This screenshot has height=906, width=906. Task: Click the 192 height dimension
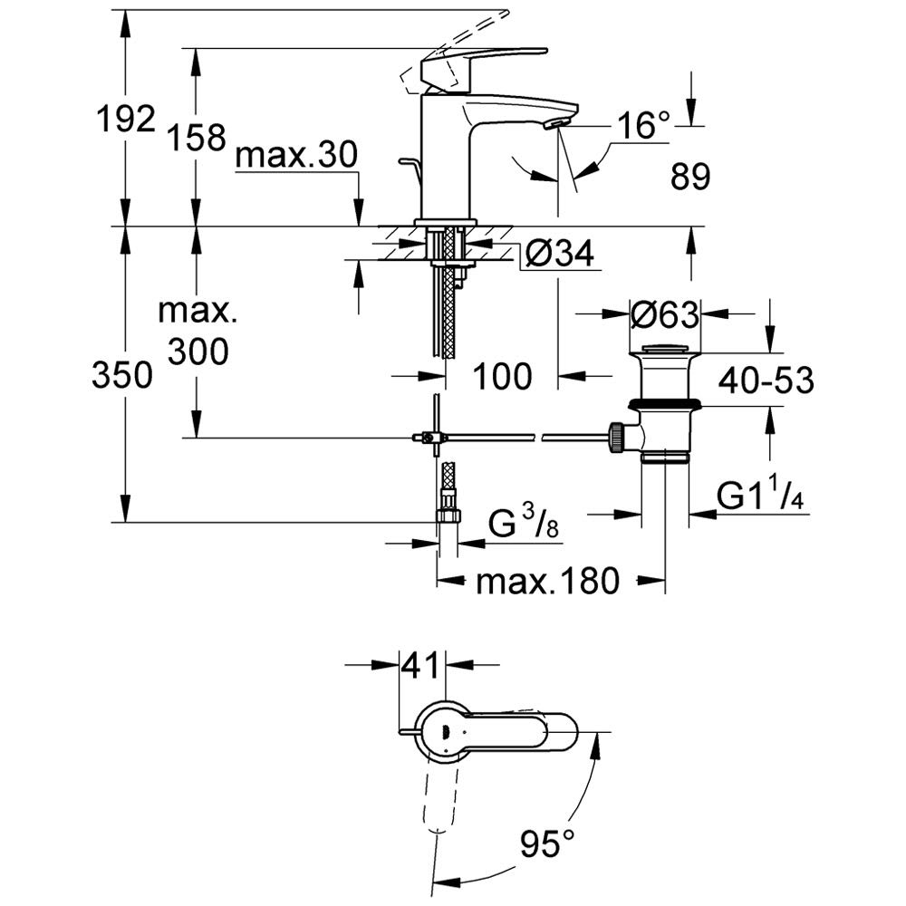(126, 119)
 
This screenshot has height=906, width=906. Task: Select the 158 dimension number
(197, 138)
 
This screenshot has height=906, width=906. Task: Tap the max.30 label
(296, 155)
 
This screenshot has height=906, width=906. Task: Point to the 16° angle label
(642, 124)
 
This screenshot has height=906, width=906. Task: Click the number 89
(689, 177)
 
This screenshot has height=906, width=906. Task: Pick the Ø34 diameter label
(560, 253)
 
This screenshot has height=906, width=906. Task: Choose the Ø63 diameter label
(664, 315)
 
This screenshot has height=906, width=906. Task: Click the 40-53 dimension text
(766, 381)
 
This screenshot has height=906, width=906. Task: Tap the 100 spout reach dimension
(502, 376)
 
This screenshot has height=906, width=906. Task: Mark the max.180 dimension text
(547, 581)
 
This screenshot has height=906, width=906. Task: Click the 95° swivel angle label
(547, 843)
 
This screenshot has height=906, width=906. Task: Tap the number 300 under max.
(198, 352)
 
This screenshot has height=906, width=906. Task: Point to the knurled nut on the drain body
(615, 438)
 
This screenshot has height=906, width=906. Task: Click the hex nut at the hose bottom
(448, 516)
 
